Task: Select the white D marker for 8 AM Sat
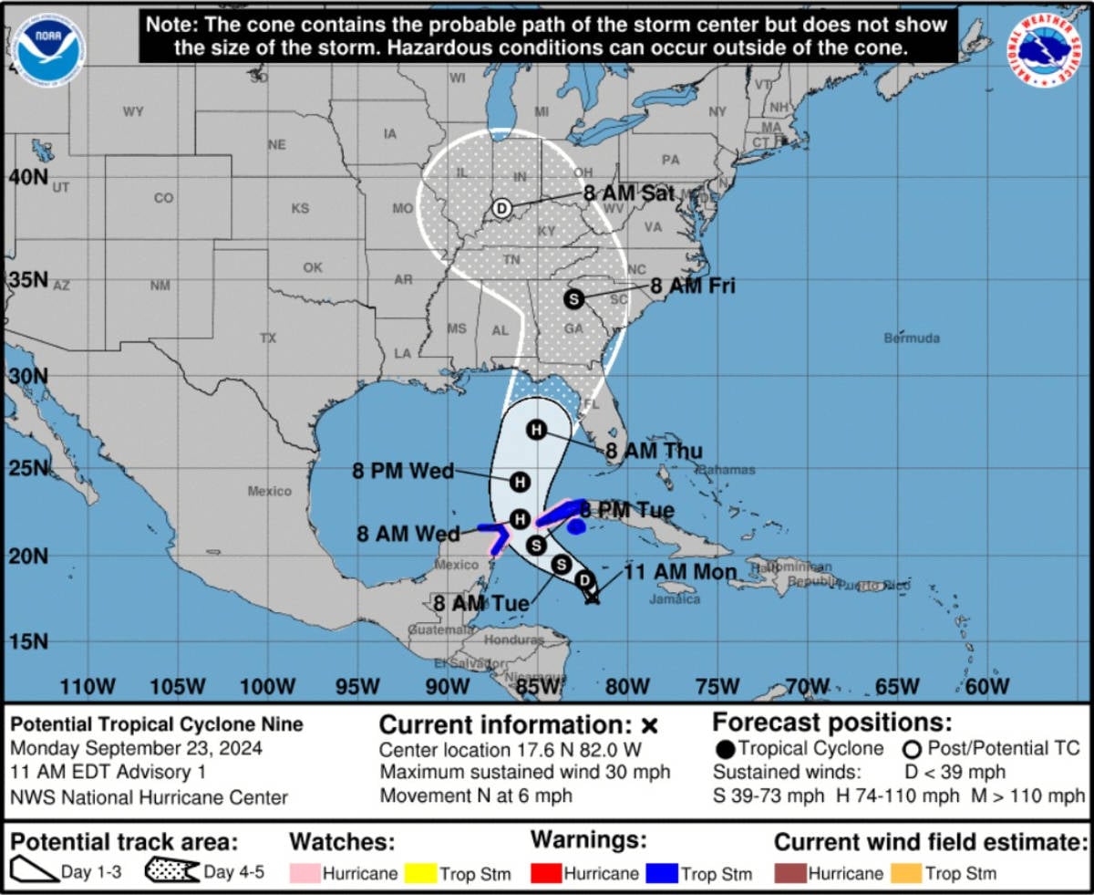tap(501, 209)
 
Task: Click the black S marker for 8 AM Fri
tap(573, 298)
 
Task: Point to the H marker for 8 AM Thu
tap(536, 430)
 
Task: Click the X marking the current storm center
tap(592, 598)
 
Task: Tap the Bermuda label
tap(911, 338)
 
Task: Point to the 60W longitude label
tap(986, 686)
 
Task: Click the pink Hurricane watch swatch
tap(304, 873)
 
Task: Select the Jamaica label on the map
tap(675, 599)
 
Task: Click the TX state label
tap(267, 338)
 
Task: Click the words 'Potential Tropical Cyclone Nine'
tap(157, 725)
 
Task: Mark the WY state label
tap(133, 111)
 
